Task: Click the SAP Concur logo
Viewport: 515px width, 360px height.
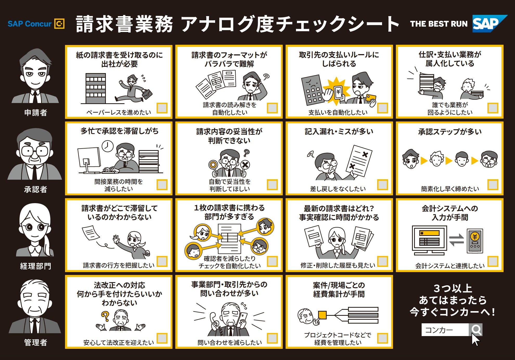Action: point(36,24)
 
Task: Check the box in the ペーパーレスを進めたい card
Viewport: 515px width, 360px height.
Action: point(162,108)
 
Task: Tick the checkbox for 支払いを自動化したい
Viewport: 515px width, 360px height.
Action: point(383,108)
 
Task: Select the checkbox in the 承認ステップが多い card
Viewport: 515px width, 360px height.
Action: point(493,185)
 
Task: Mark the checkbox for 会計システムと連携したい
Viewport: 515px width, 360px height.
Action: point(493,261)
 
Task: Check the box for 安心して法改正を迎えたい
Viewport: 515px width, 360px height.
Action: point(162,338)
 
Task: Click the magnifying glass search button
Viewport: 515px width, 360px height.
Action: point(476,330)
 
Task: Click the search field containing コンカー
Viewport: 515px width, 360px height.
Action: point(445,330)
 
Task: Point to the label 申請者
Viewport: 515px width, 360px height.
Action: point(36,113)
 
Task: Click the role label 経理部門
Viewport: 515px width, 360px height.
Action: point(36,266)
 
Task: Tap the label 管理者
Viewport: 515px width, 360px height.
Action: point(36,343)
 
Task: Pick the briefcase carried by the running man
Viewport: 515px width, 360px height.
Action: point(147,94)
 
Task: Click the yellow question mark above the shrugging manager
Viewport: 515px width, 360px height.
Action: point(105,316)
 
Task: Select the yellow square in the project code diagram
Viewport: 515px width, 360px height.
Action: point(322,315)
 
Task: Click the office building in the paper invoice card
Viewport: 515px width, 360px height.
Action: point(96,88)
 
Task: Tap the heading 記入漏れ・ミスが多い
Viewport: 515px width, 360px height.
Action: point(339,132)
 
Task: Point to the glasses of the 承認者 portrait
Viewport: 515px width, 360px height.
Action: point(35,151)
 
